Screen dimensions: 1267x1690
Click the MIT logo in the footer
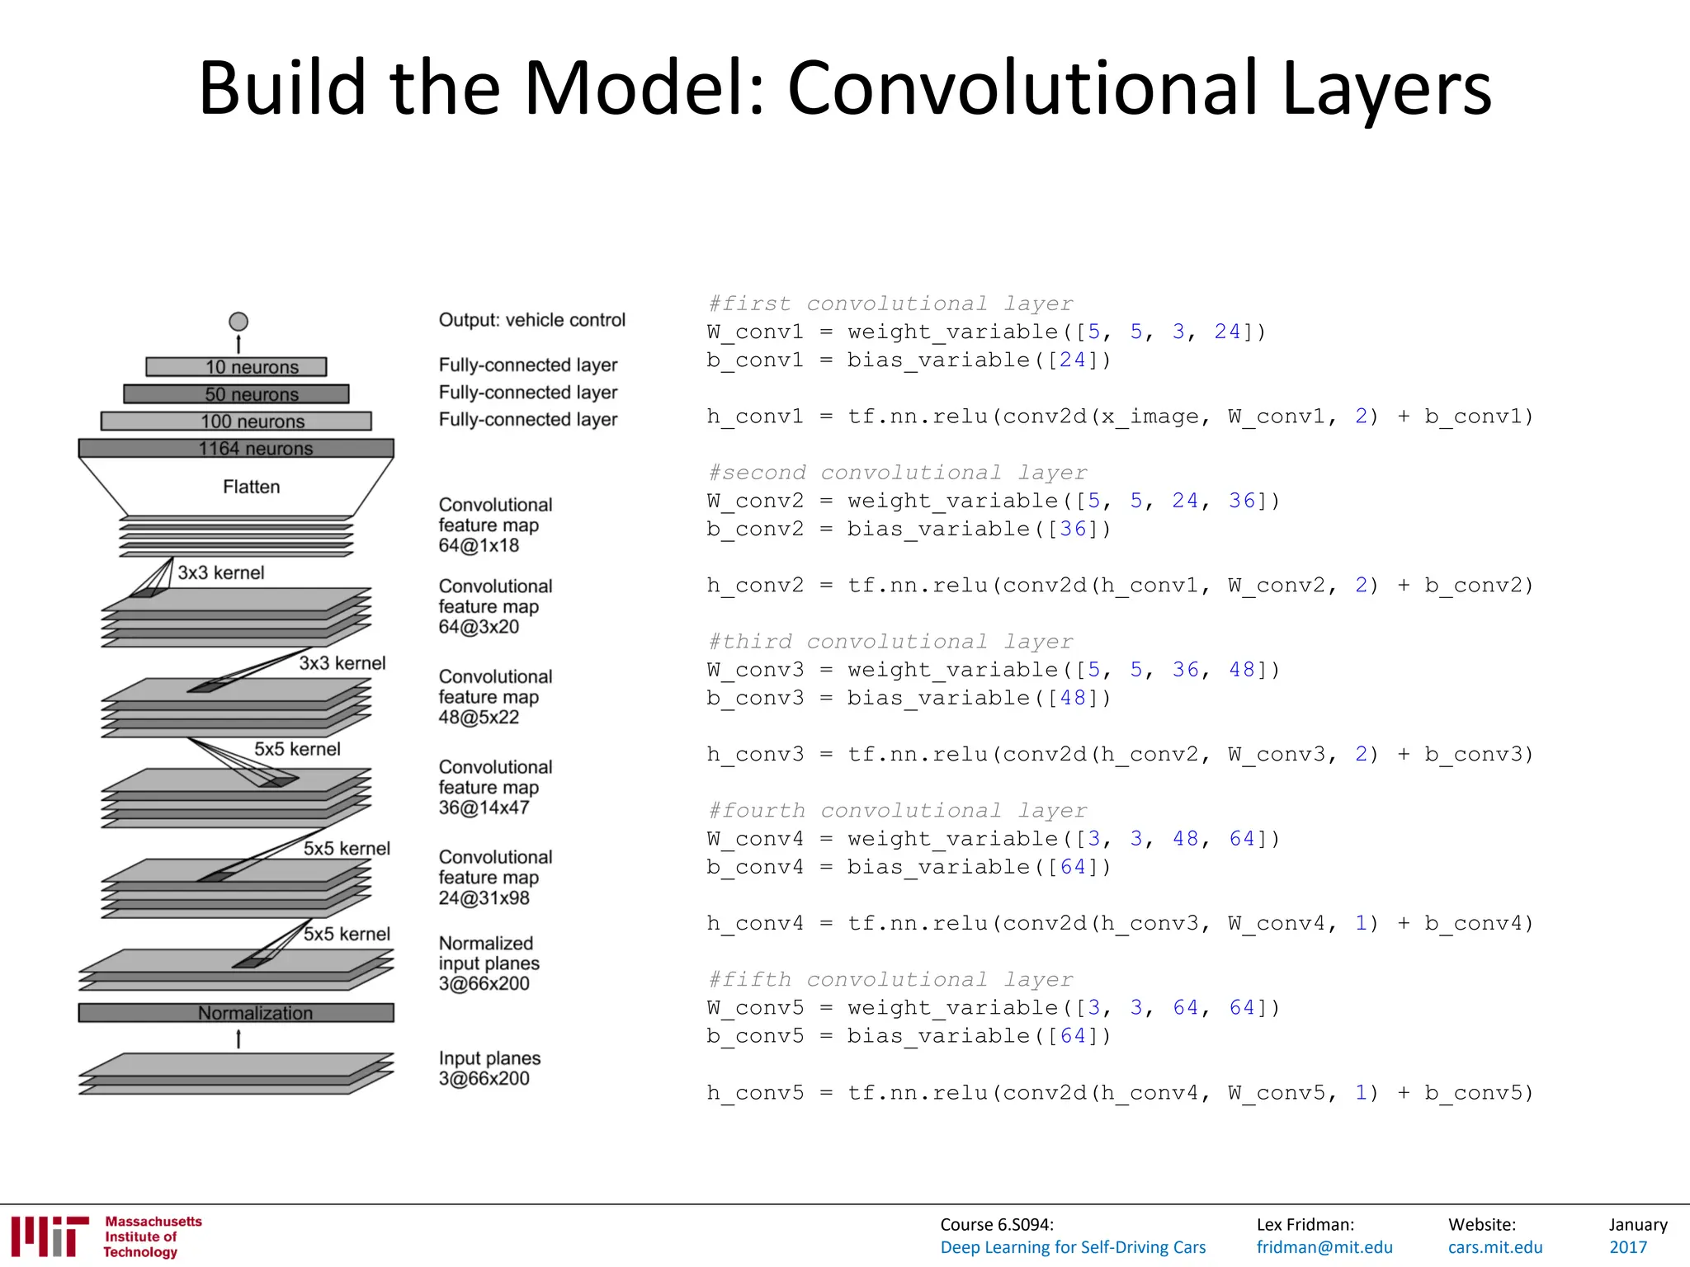click(50, 1236)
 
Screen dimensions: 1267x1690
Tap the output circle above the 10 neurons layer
click(238, 322)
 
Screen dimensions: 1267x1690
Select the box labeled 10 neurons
click(237, 367)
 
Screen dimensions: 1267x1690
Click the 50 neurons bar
click(237, 394)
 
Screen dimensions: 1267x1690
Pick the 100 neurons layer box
click(237, 422)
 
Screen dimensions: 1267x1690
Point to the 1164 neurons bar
click(237, 449)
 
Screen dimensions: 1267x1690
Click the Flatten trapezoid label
click(251, 487)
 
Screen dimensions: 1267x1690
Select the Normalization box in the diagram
click(237, 1013)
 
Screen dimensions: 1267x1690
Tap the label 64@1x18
click(479, 546)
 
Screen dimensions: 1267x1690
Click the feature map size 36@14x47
click(484, 808)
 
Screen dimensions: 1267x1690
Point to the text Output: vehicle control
click(532, 320)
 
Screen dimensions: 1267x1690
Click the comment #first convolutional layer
click(890, 304)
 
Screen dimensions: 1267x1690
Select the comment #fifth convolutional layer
click(890, 979)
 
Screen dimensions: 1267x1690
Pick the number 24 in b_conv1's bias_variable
click(1073, 360)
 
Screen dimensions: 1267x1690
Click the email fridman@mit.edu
click(1324, 1247)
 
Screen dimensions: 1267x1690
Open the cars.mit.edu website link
click(1495, 1247)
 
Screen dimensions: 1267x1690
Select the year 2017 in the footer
click(1628, 1247)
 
